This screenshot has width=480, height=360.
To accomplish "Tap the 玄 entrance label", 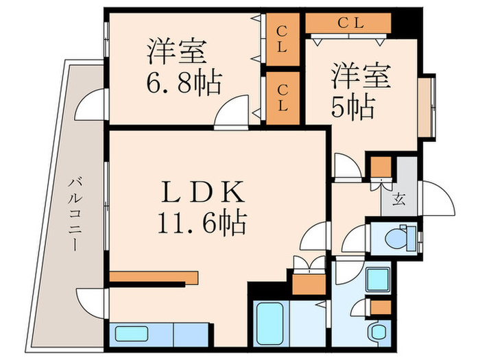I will click(x=398, y=200).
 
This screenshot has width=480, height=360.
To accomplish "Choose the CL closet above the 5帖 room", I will click(x=349, y=23).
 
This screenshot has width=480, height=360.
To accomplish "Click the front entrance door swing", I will click(x=435, y=199).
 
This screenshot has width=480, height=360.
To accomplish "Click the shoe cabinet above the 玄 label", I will click(x=381, y=167).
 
